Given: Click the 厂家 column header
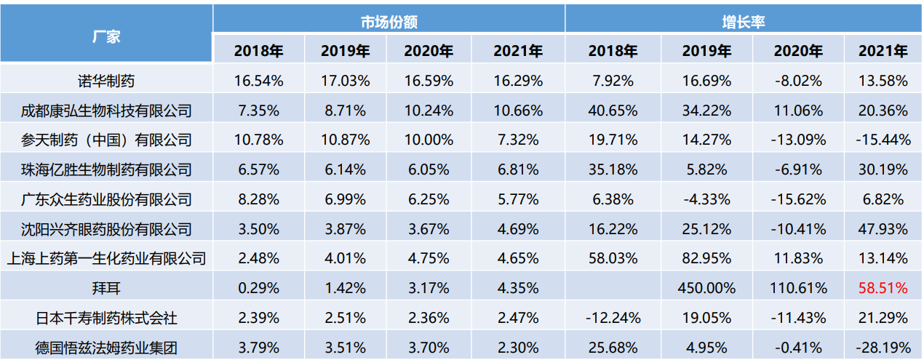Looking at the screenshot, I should point(106,36).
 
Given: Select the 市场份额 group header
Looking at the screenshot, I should point(389,22).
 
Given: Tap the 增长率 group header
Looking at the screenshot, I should point(743,22).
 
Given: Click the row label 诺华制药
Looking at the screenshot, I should point(106,80).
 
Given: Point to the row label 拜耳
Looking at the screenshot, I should point(106,288).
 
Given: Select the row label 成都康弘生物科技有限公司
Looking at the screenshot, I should point(106,111).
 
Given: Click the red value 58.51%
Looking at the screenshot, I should point(883,288).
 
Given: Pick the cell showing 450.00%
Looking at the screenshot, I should point(706,288).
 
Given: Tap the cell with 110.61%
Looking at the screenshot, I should point(797,288).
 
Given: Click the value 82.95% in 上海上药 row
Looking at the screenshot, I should point(706,258).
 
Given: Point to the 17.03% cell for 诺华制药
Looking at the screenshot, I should point(345,80).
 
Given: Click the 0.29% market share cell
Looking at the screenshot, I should point(258,288).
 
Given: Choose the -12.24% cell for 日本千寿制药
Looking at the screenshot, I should point(613,318).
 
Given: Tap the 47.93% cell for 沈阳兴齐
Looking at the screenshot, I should point(883,229).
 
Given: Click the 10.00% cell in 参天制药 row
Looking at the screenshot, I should point(429,140).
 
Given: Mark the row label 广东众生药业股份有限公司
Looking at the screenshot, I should point(106,199).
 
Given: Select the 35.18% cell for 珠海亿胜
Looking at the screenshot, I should point(613,169).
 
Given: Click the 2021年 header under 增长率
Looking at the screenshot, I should point(883,52).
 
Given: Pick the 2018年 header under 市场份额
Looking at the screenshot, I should point(258,52).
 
